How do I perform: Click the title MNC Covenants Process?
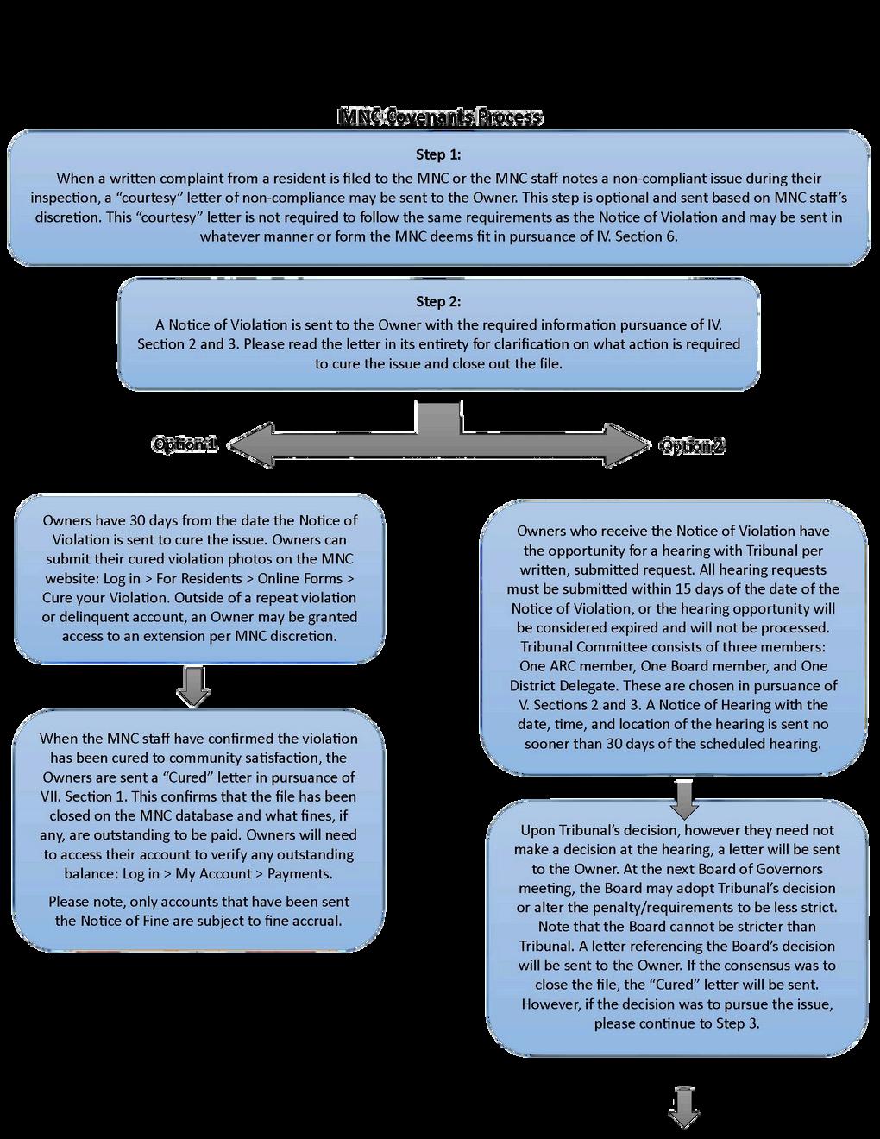pos(439,117)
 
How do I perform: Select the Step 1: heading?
pos(438,154)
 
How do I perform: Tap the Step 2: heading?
pos(438,302)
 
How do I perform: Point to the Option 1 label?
pos(184,444)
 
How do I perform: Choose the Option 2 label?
pos(691,445)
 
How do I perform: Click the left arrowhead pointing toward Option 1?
pos(238,446)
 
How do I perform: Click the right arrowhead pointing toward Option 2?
pos(635,446)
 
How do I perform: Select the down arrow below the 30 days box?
pos(193,687)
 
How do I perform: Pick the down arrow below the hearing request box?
pos(684,799)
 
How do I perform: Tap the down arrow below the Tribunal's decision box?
pos(684,1107)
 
